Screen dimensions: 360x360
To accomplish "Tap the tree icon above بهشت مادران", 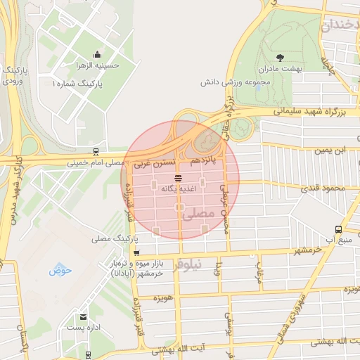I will coord(280,57).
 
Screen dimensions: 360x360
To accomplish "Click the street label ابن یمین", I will coord(330,150).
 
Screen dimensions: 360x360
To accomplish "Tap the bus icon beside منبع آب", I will coord(338,229).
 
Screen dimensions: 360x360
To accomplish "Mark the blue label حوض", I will coord(56,269).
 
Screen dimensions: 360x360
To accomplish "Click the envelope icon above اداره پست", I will coord(84,317).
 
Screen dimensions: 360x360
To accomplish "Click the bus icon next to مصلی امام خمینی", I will coord(95,153).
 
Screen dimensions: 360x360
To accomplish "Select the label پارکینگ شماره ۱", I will coord(77,83).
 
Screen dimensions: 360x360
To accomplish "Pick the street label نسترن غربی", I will coord(150,162).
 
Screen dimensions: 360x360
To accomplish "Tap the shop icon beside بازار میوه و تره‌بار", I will coord(136,253).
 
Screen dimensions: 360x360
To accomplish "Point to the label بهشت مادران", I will coord(280,69).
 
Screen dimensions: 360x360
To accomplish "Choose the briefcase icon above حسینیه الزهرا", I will coord(97,54).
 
